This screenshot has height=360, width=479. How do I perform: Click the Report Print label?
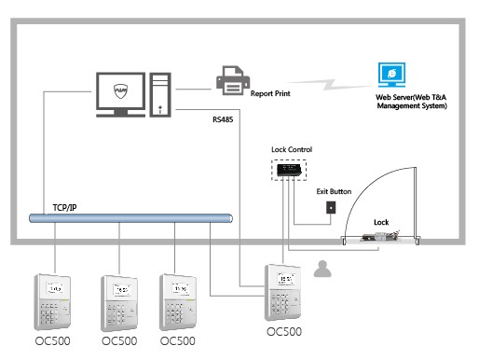click(274, 93)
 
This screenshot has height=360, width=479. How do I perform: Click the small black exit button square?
click(330, 207)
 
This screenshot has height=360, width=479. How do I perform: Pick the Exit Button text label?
click(334, 191)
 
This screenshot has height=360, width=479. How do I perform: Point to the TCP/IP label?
click(61, 206)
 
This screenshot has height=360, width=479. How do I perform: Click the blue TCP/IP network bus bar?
click(130, 219)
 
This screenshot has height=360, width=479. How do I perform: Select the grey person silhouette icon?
click(323, 270)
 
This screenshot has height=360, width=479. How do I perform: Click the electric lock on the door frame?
click(377, 239)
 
